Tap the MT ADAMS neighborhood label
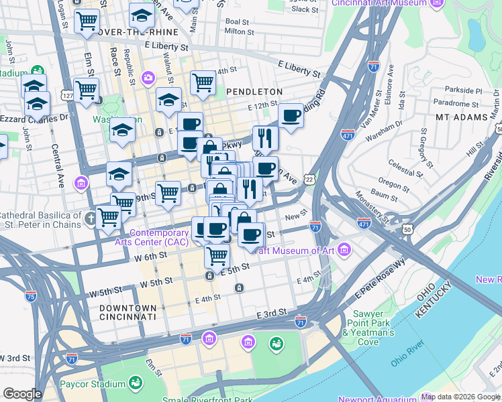pos(461,117)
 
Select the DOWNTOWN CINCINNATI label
pos(128,312)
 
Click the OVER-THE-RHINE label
pos(138,32)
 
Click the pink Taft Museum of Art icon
pos(345,251)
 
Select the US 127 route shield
pos(68,96)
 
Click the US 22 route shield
pos(309,180)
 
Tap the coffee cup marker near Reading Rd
pos(291,116)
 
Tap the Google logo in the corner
pos(22,394)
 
